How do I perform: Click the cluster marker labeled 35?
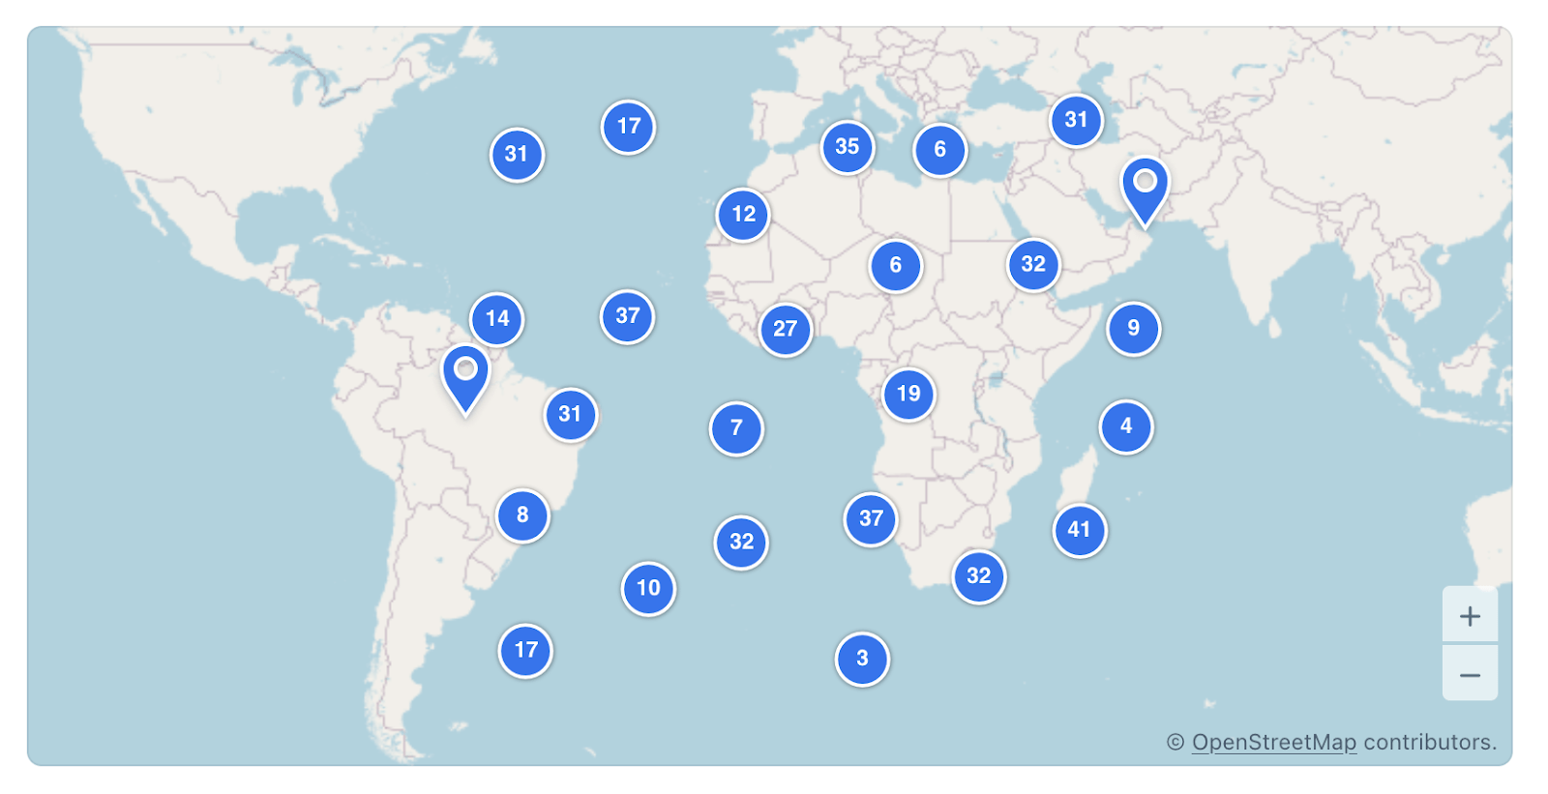848,147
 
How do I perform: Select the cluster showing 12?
743,215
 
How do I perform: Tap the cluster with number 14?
497,319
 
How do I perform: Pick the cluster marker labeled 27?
786,330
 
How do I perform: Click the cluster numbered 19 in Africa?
908,394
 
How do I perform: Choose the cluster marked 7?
736,428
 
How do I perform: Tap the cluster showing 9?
1133,329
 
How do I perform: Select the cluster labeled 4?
1126,426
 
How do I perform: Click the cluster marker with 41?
1079,530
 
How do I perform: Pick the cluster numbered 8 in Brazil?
522,515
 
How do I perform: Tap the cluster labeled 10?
648,588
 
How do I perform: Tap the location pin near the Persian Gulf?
1145,188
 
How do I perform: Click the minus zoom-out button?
1470,675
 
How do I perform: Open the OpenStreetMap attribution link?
1273,743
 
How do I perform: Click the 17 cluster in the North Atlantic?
629,127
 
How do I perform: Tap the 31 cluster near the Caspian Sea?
1076,121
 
